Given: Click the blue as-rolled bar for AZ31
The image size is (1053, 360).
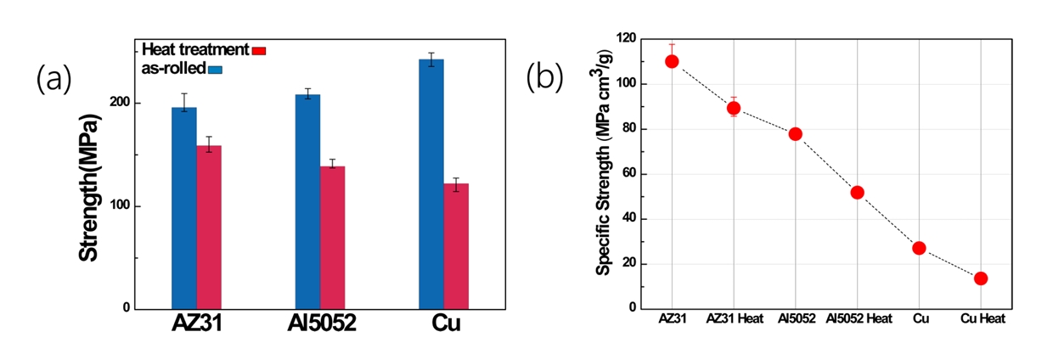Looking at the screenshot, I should tap(184, 208).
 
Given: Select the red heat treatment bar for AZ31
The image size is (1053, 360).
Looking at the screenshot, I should tap(209, 227).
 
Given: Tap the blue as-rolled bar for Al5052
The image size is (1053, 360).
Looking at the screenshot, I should tap(307, 201).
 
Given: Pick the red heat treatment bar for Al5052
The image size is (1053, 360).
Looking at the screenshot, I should tap(332, 237).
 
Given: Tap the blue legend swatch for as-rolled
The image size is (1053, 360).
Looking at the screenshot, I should tap(216, 67).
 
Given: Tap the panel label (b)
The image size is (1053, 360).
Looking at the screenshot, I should tap(544, 76).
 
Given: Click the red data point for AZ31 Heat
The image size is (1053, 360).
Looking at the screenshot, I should tap(734, 108).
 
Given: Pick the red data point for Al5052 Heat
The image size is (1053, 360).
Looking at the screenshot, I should tap(857, 192).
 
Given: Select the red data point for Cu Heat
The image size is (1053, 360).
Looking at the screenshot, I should tap(981, 278).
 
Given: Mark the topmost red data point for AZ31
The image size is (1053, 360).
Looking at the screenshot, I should tap(672, 61).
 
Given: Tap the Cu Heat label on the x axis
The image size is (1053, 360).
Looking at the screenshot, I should tap(982, 319).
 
